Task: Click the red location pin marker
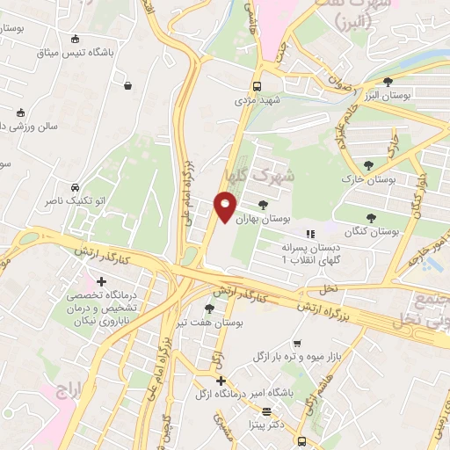(225, 207)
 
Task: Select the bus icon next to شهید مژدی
(257, 87)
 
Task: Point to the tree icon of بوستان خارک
(368, 165)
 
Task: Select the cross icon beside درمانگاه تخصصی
(103, 282)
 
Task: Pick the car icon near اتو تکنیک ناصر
(76, 188)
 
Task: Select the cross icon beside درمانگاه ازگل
(221, 381)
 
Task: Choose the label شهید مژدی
(257, 101)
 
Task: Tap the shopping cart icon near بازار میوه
(298, 343)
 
